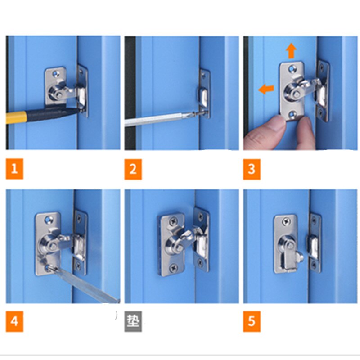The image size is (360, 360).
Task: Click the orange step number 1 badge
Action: coord(14,169)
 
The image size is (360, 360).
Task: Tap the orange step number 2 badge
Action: coord(133,169)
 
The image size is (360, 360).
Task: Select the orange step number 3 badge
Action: coord(252,169)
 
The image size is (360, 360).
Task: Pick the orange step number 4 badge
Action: coord(14,321)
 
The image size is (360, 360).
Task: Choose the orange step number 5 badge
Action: coord(252,321)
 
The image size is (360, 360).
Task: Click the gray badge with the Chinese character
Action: coord(133,321)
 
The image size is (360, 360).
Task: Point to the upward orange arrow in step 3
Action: coord(291,51)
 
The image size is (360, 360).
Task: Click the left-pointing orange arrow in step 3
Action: coord(266,89)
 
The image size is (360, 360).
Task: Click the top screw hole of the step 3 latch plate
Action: coord(292,69)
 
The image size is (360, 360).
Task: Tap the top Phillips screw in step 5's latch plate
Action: coord(286,222)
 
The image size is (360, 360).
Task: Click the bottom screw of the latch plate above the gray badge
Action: coord(173,267)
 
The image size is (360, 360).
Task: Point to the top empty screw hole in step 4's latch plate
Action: coord(48,220)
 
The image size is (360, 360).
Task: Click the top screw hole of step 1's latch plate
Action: coord(55,74)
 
